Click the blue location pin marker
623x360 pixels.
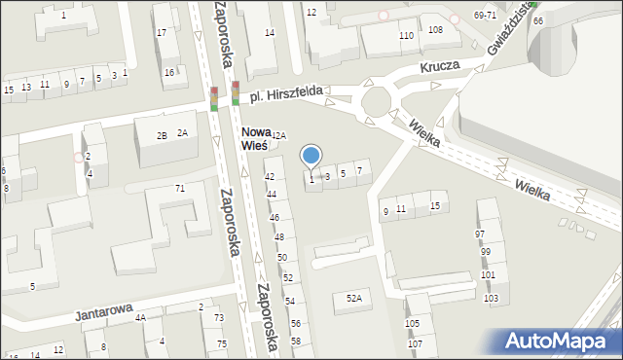(x=311, y=156)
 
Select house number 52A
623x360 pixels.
(x=353, y=298)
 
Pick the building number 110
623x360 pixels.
(x=406, y=35)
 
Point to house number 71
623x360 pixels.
(x=179, y=188)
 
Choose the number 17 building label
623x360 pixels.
(x=161, y=33)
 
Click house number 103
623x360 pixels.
(x=490, y=298)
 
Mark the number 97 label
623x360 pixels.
(x=480, y=234)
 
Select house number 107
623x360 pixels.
(x=415, y=344)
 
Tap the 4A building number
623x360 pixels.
(x=140, y=317)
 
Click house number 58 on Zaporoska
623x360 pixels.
(x=296, y=341)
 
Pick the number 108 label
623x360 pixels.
(x=435, y=30)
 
